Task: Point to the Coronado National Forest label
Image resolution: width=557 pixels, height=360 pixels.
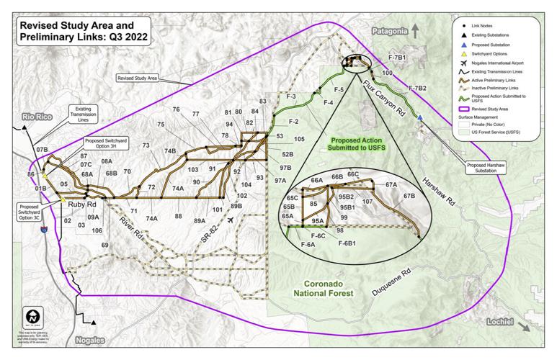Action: [324, 287]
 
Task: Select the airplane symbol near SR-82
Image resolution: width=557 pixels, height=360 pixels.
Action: [230, 221]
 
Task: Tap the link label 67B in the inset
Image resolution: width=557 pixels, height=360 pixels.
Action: [409, 195]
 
